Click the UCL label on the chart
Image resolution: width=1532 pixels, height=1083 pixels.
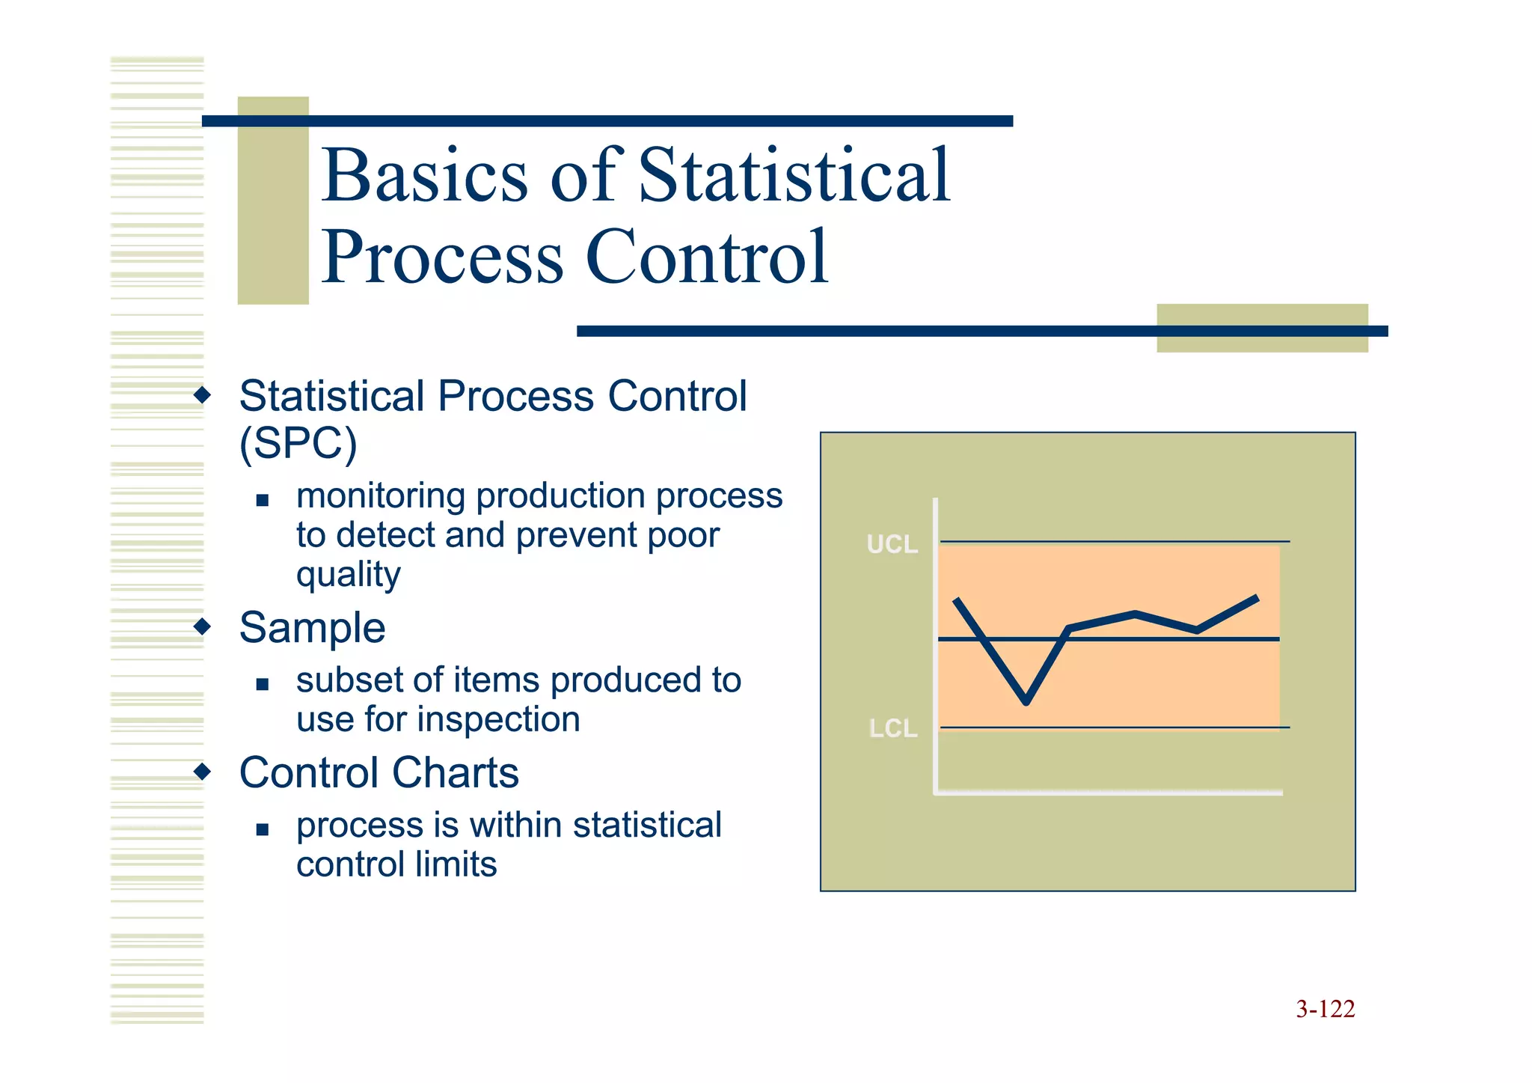[892, 544]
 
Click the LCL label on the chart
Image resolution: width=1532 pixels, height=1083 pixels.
[892, 728]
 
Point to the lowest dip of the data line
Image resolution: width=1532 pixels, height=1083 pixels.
[1026, 701]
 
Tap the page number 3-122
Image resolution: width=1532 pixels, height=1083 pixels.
[1325, 1009]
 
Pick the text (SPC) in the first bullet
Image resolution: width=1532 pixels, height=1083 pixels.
[298, 443]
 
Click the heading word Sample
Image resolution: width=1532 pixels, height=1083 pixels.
[312, 627]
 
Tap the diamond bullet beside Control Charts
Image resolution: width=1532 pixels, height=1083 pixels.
[202, 771]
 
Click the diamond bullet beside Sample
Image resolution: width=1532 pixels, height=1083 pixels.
[202, 626]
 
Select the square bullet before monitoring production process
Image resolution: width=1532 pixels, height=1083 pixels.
[262, 500]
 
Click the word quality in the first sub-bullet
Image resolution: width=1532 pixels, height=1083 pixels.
[348, 575]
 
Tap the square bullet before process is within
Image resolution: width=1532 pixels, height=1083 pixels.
[262, 829]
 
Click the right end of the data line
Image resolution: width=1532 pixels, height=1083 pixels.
[1257, 598]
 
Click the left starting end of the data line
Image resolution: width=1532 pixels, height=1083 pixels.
[957, 600]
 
